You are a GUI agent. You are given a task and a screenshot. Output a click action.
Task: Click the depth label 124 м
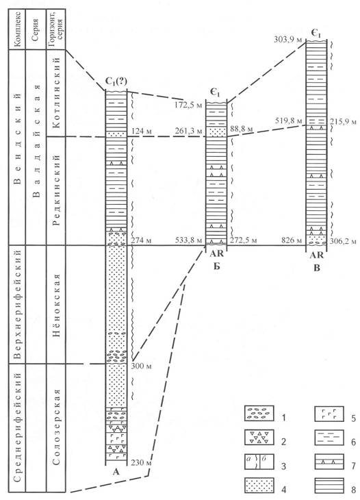[x=140, y=131]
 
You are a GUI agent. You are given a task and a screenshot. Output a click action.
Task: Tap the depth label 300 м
[x=142, y=366]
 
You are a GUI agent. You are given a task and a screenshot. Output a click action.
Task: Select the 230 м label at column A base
[x=141, y=462]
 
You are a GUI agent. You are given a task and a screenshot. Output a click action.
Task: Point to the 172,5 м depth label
[x=189, y=105]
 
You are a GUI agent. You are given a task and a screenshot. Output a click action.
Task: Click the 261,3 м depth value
[x=189, y=131]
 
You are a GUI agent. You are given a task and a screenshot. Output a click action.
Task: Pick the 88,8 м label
[x=241, y=130]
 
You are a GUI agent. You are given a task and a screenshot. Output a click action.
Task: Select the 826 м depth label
[x=291, y=240]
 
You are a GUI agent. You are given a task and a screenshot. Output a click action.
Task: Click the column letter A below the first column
[x=116, y=472]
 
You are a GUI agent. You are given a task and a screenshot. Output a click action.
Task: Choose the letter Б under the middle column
[x=217, y=266]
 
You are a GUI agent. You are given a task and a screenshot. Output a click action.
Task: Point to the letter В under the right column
[x=317, y=268]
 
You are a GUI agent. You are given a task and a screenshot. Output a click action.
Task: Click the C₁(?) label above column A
[x=116, y=84]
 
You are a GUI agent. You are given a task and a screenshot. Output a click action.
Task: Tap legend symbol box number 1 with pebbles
[x=259, y=413]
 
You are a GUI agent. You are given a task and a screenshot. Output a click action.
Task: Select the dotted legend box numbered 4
[x=259, y=486]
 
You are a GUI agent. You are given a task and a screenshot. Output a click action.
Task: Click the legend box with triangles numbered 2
[x=259, y=438]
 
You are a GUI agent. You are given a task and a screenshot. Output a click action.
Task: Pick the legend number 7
[x=353, y=466]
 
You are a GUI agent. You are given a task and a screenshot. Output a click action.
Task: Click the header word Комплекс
[x=18, y=29]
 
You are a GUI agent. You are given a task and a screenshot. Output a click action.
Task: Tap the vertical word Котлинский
[x=56, y=92]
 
